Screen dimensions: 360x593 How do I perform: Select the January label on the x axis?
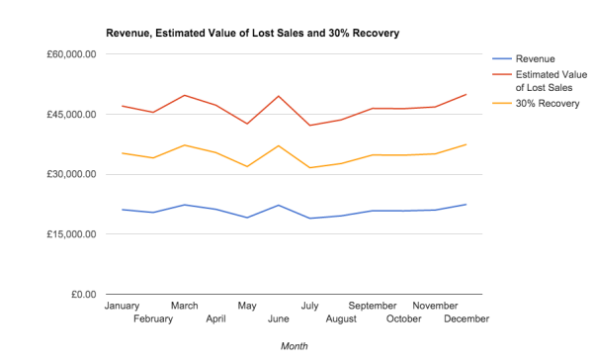point(123,307)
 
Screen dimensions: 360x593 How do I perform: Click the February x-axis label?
point(153,319)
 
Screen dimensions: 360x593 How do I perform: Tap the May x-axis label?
point(246,307)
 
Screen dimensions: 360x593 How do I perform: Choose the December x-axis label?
point(465,319)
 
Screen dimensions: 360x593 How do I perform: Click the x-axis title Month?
point(294,346)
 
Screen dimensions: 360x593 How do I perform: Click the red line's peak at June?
point(278,96)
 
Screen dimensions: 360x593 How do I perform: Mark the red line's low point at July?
point(309,126)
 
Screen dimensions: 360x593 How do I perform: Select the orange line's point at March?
point(185,145)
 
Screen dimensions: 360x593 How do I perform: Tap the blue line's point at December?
point(466,205)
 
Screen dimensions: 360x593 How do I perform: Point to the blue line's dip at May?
point(247,218)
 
